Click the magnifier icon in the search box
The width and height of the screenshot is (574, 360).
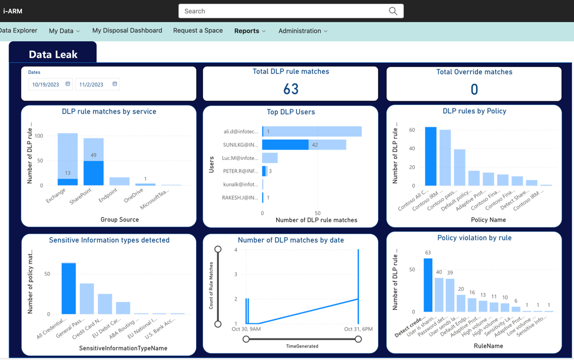pos(393,11)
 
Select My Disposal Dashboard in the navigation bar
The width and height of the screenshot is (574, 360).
pos(127,30)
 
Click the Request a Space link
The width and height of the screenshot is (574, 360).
pos(198,30)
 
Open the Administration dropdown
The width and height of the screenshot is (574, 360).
pos(303,31)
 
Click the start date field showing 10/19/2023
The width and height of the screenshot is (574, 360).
pos(46,84)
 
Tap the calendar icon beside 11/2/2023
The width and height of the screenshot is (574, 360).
pos(114,84)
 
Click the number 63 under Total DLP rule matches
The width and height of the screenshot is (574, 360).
pos(291,89)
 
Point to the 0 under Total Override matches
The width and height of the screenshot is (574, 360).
pos(474,90)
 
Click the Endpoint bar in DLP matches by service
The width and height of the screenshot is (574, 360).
pos(119,181)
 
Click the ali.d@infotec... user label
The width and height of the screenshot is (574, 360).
pos(241,132)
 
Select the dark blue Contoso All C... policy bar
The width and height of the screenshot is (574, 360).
pos(430,157)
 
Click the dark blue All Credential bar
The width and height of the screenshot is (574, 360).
pos(68,288)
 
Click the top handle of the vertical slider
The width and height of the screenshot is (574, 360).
pos(218,249)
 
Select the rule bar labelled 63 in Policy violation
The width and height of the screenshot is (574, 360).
pos(428,285)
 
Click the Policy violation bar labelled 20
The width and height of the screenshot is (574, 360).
pos(461,303)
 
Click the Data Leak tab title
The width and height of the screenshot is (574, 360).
pos(53,54)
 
